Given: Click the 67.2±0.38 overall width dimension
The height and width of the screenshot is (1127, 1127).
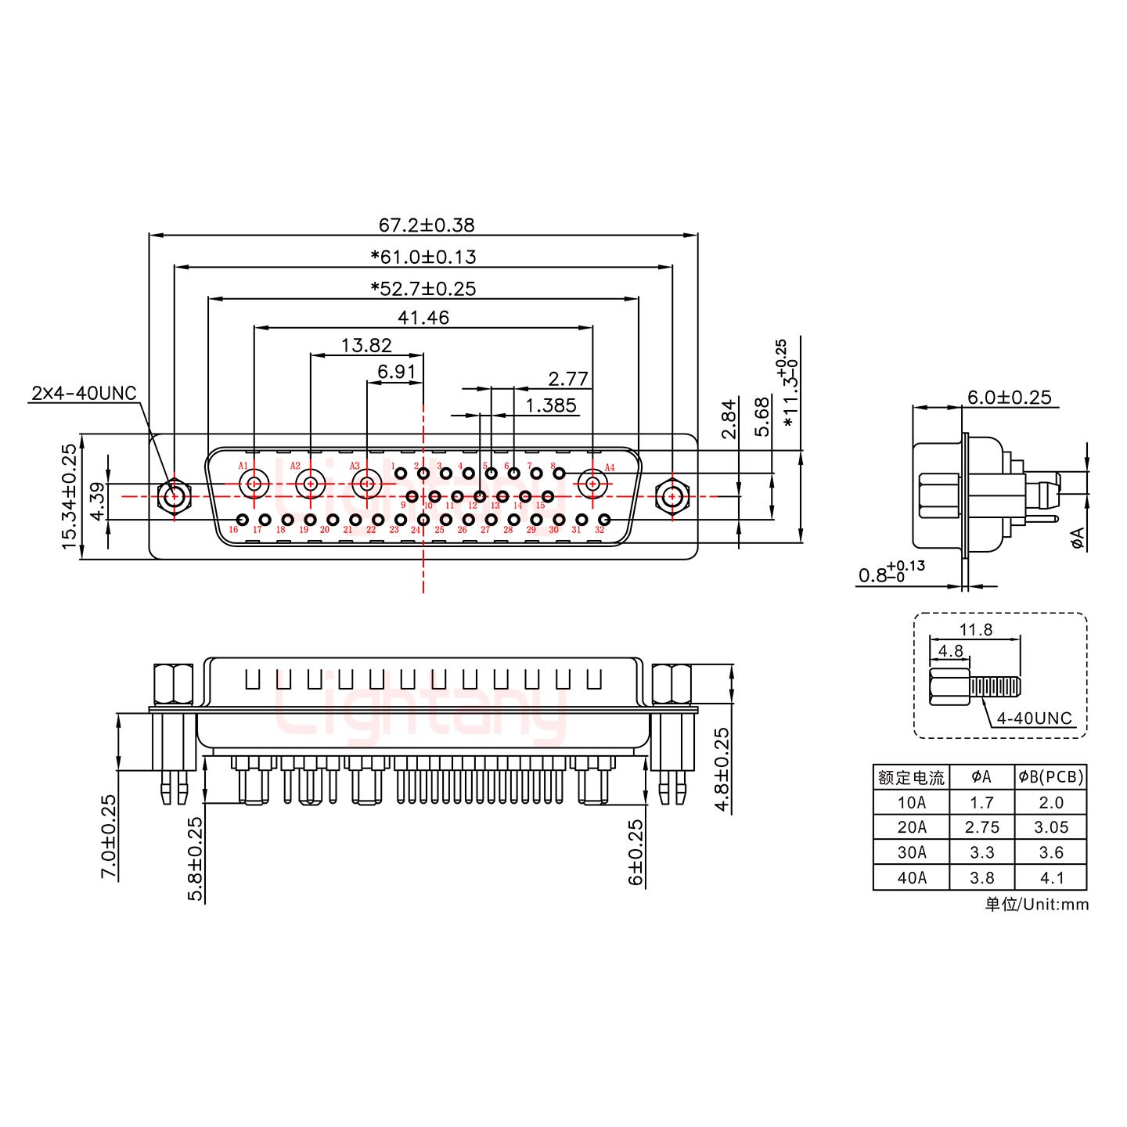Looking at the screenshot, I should (x=427, y=225).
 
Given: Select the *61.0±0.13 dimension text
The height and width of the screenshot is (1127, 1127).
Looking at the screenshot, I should (x=423, y=257).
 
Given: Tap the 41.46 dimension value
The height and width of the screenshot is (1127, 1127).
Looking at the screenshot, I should (x=423, y=318).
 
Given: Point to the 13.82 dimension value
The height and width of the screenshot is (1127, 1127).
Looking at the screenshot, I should (x=366, y=345).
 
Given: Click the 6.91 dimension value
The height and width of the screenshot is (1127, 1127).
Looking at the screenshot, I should (x=396, y=372).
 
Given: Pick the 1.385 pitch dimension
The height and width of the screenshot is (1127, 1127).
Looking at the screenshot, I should (x=551, y=405).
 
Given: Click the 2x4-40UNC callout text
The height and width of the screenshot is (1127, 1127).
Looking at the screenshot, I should (x=84, y=393).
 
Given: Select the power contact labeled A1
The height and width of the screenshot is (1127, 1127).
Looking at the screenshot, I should (x=254, y=484).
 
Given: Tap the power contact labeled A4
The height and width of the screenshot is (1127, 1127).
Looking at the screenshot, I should (x=592, y=484).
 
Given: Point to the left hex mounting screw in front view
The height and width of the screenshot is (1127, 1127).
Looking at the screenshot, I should (x=174, y=496).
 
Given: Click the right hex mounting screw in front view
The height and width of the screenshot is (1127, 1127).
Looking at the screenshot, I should (x=672, y=496).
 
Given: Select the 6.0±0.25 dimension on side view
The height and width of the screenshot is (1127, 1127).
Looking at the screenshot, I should (x=1009, y=398).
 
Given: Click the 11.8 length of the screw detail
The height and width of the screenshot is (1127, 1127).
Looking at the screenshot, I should (x=975, y=629).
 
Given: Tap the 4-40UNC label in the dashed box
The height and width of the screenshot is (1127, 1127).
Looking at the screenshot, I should (x=1034, y=718).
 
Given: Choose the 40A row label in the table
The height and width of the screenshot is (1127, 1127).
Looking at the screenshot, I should (x=911, y=877).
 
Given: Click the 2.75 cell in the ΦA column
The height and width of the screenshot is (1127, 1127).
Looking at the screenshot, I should (x=981, y=827).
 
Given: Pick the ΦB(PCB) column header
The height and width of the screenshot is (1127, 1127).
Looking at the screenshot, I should (x=1050, y=777).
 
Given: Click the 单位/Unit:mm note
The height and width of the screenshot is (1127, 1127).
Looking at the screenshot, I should (x=1036, y=905).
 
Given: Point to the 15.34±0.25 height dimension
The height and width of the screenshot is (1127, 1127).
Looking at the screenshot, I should (x=70, y=496).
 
